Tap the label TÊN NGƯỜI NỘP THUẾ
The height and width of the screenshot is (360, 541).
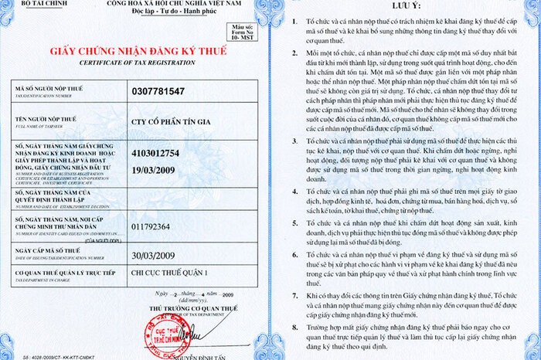[51, 118]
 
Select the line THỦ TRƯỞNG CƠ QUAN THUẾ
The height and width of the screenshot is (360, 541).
[185, 307]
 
